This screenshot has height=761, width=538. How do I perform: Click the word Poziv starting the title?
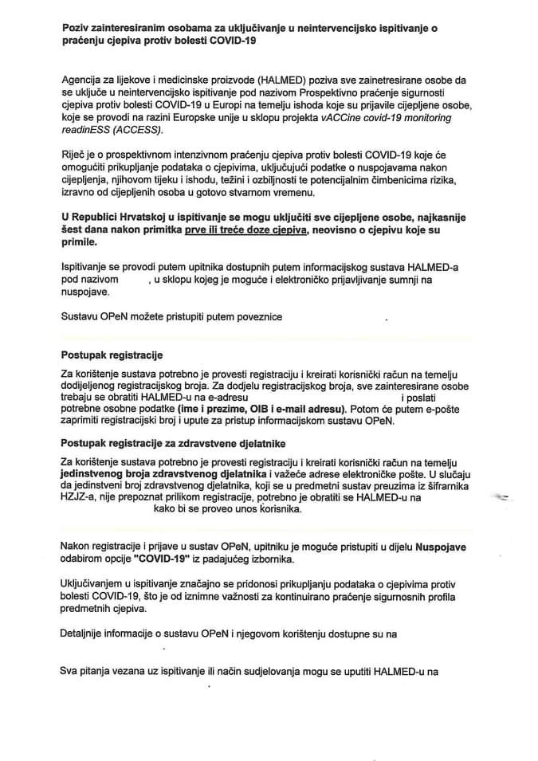(x=77, y=28)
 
